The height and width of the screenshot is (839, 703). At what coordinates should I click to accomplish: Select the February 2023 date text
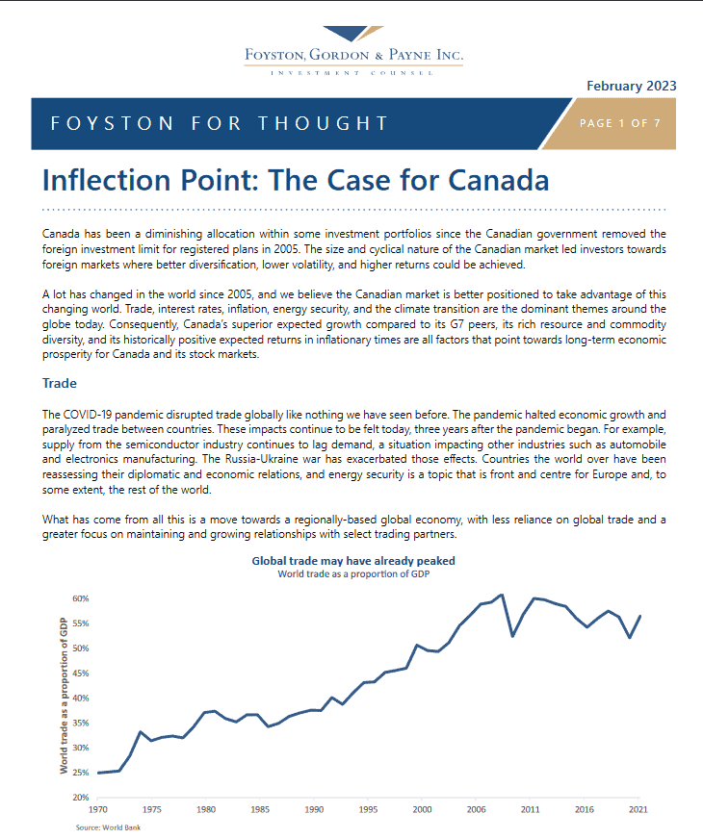tap(631, 87)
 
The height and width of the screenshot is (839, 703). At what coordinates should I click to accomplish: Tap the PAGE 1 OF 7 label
tap(620, 123)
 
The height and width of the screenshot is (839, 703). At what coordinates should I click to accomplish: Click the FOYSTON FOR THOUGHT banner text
tap(220, 123)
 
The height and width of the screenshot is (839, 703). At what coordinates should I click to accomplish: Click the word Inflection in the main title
tap(107, 180)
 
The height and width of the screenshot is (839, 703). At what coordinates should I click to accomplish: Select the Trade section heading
tap(60, 383)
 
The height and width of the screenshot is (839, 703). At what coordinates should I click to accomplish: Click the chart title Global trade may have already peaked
tap(353, 561)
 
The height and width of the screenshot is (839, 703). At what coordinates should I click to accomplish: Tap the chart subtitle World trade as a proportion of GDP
tap(353, 574)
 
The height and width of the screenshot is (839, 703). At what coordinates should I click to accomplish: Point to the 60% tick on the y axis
tap(81, 598)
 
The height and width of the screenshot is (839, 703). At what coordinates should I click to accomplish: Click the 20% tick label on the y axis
tap(81, 798)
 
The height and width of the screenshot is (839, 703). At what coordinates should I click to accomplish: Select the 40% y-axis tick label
tap(81, 698)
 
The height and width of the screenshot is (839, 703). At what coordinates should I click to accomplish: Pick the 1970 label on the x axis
tap(97, 809)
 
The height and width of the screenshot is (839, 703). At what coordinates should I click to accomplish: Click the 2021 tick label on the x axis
tap(638, 809)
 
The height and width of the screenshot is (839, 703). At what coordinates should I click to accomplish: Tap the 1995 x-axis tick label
tap(368, 809)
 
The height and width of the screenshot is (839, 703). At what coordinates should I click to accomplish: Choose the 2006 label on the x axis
tap(476, 809)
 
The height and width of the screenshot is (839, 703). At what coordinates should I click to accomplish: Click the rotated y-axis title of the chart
tap(64, 696)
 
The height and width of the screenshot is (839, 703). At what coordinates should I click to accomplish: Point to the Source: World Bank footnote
tap(108, 827)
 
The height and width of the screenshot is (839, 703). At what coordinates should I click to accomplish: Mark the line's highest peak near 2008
tap(502, 595)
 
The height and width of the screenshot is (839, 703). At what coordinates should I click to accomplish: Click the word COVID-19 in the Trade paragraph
tap(88, 415)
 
